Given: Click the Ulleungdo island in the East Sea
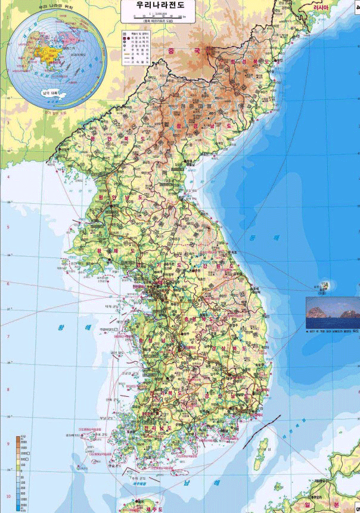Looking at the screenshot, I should click(324, 287).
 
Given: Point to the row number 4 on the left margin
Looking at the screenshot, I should click(8, 177).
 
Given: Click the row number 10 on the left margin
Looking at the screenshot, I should click(8, 496).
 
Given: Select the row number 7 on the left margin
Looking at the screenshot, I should click(8, 337).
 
